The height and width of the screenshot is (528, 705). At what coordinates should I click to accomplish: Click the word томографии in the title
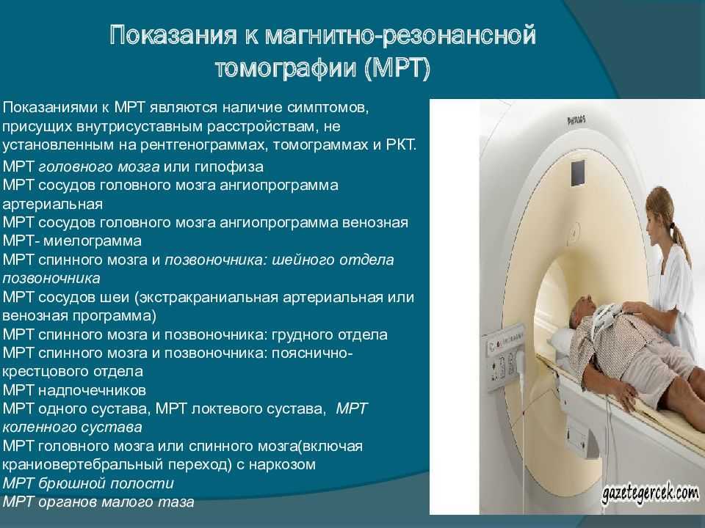tap(286, 68)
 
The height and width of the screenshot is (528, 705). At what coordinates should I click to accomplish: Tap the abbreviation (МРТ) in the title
tap(397, 69)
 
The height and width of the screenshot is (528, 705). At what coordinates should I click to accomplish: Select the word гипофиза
tap(229, 167)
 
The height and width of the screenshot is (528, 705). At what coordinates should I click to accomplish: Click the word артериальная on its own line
tap(52, 205)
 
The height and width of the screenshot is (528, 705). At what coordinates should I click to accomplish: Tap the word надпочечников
tap(93, 391)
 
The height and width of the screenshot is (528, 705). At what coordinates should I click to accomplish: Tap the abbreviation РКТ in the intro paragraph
tap(401, 145)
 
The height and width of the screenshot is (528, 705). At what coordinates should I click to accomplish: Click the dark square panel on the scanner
tap(578, 173)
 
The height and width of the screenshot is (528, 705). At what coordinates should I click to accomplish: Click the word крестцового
tap(44, 372)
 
